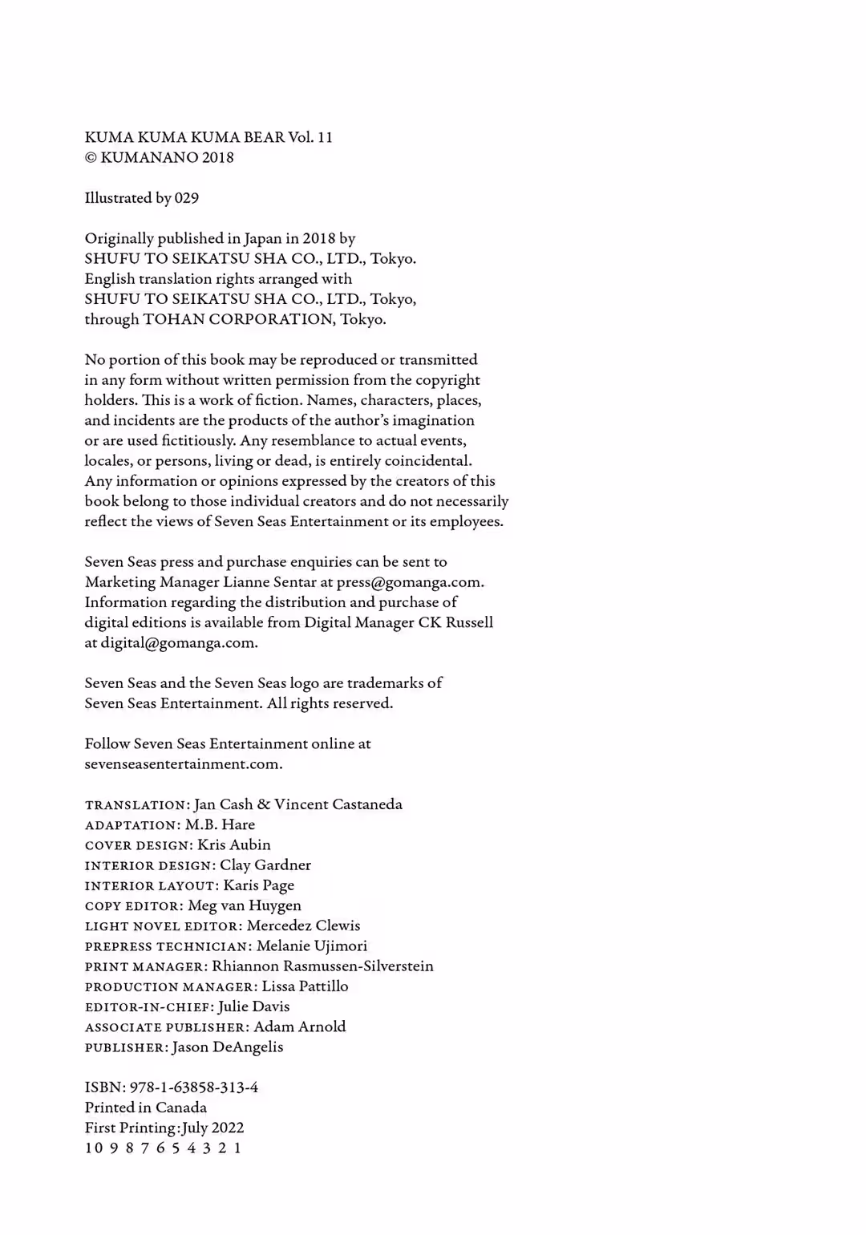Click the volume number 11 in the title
[325, 137]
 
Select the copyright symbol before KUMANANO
[91, 158]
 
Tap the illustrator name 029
[187, 198]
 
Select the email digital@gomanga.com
[179, 643]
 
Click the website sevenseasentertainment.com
[184, 764]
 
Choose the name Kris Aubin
[234, 845]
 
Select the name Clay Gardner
[265, 865]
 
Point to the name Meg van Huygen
[245, 906]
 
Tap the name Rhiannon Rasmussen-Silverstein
[322, 966]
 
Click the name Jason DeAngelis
[228, 1047]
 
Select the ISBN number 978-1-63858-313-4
[194, 1088]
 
